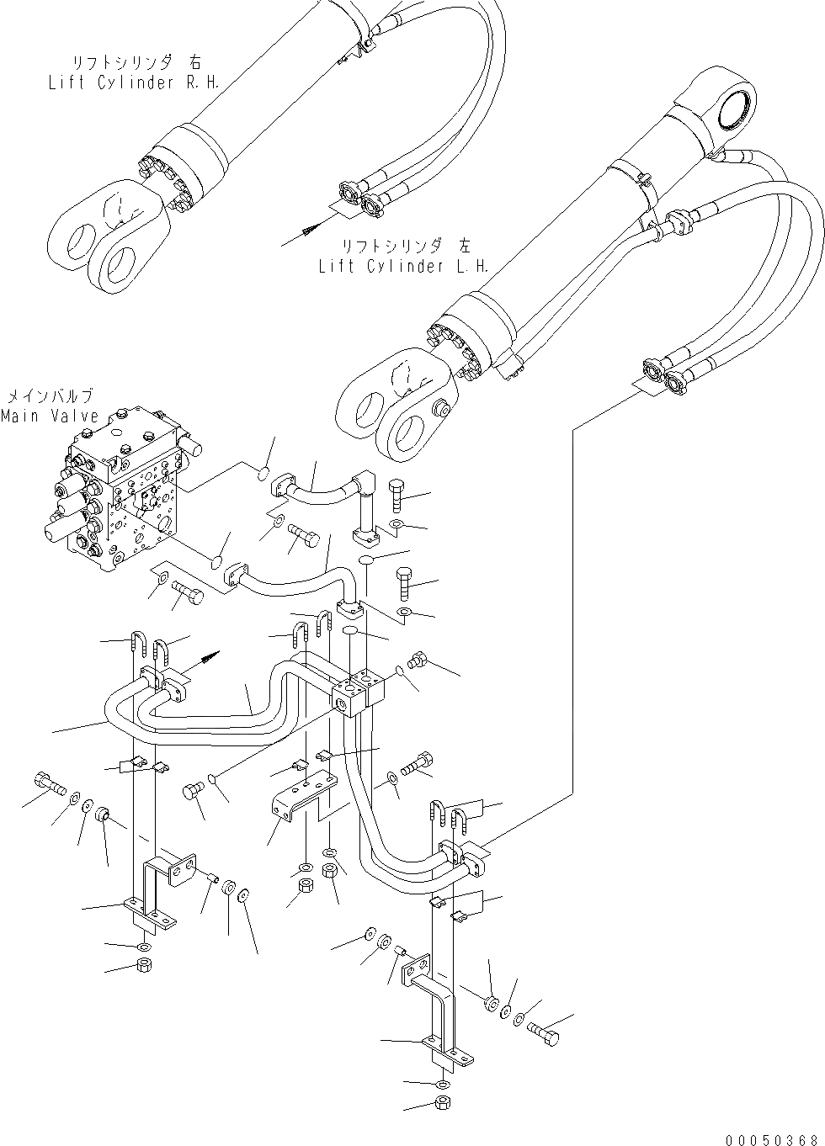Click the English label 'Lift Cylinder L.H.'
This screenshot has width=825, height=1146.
point(405,266)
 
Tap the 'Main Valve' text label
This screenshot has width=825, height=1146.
point(50,416)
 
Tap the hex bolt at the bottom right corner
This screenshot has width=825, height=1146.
point(542,1033)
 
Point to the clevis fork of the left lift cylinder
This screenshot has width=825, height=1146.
point(396,400)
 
